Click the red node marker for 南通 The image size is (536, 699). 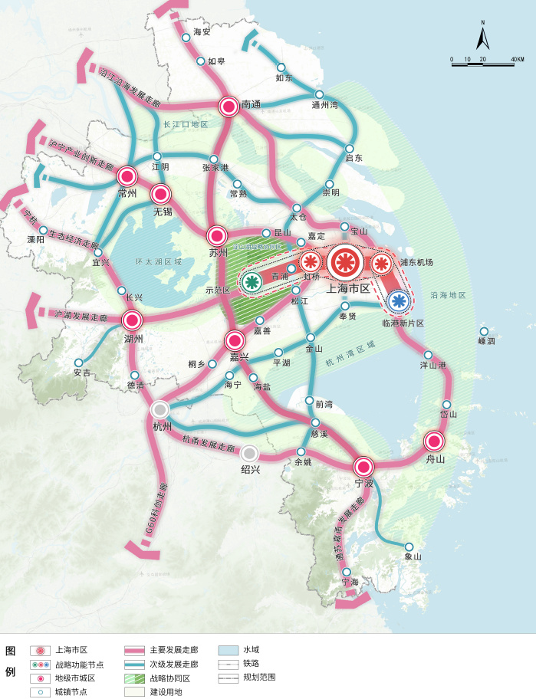(x=228, y=107)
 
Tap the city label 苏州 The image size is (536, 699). (x=217, y=253)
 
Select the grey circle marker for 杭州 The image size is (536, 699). (x=160, y=409)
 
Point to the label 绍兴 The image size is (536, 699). (x=251, y=469)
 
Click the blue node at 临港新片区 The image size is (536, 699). (x=397, y=300)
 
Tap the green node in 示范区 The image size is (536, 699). (x=251, y=282)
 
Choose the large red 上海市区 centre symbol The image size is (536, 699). (x=345, y=263)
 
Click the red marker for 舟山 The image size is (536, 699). (x=434, y=441)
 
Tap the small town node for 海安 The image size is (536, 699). (x=186, y=37)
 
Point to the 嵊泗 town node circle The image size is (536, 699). (x=485, y=331)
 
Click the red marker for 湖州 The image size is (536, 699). (x=132, y=320)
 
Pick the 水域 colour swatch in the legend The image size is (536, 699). (x=229, y=650)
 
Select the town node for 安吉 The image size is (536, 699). (x=78, y=363)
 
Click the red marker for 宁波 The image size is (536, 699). (x=363, y=466)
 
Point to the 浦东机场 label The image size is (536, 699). (x=416, y=262)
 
